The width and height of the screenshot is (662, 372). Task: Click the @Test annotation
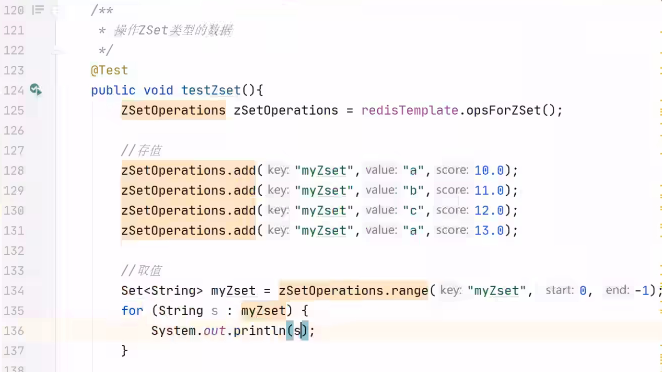coord(109,70)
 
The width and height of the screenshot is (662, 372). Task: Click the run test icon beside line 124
coord(36,90)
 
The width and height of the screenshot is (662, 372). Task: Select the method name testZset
coord(211,91)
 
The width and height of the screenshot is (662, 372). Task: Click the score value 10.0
coord(489,171)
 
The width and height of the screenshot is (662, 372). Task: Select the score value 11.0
coord(489,190)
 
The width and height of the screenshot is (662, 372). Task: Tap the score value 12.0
coord(489,210)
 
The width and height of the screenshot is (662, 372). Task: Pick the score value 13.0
coord(489,231)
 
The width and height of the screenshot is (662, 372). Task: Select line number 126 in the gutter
coord(14,130)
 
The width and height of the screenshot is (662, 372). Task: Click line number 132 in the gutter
coord(14,251)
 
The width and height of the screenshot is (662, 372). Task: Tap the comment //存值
coord(141,151)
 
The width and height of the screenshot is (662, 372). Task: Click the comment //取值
coord(141,270)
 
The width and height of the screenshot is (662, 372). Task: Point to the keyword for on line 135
coord(132,311)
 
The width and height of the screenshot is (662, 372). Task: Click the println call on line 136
coord(259,331)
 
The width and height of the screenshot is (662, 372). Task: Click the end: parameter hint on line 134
coord(617,290)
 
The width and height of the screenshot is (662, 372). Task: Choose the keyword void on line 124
coord(158,91)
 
